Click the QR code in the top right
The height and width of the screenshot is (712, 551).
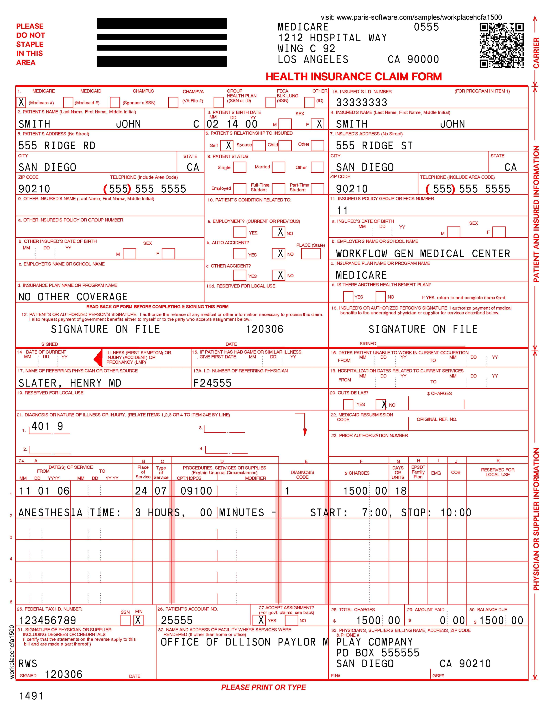(501, 46)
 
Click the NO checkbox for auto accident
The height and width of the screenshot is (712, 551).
(280, 254)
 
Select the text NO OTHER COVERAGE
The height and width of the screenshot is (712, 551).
(73, 297)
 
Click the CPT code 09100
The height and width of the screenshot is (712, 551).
(196, 491)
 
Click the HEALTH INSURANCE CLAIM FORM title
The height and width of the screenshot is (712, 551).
(354, 77)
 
